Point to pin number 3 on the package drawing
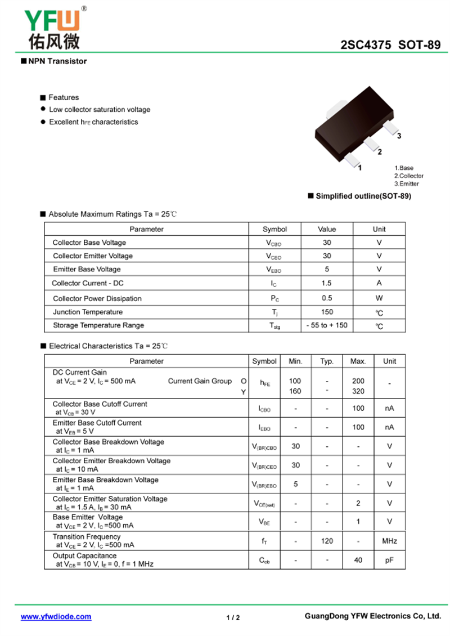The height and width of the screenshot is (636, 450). [x=399, y=136]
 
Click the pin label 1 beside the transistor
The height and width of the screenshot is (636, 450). [x=359, y=167]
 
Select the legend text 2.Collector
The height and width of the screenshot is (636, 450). [x=409, y=176]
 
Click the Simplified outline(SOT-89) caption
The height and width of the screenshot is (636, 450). [x=363, y=196]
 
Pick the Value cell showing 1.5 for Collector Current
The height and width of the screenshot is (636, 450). [x=327, y=283]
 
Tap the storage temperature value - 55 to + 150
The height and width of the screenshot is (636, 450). [x=327, y=325]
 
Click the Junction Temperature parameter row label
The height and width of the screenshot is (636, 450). [x=88, y=312]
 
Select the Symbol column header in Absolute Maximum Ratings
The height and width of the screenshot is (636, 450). [x=274, y=229]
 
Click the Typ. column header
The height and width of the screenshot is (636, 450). [x=327, y=361]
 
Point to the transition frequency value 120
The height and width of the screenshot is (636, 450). [x=327, y=541]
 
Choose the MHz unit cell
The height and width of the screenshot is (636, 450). [x=389, y=541]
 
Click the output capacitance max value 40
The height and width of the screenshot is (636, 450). [x=358, y=560]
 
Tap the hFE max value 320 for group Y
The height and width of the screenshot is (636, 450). [x=358, y=391]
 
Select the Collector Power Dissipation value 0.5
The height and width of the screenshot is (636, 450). [x=327, y=298]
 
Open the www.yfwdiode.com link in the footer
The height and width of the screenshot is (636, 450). [x=56, y=616]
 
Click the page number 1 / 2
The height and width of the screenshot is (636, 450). [x=233, y=617]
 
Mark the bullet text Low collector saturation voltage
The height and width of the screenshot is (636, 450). [x=100, y=110]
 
